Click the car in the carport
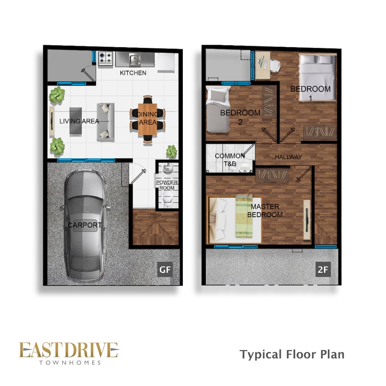coord(84,226)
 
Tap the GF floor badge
coord(165,269)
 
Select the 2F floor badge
coord(323,269)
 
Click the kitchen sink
coord(134,59)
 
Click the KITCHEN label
coord(133,73)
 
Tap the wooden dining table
coord(148,119)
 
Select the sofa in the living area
coord(105,122)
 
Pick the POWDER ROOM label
coord(167,185)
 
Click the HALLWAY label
coord(288,157)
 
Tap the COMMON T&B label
coord(229,159)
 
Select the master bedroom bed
coord(235,219)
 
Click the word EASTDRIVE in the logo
coord(69,350)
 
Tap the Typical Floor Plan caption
coord(292,355)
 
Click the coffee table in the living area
coord(76,120)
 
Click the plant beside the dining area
coord(171,151)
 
